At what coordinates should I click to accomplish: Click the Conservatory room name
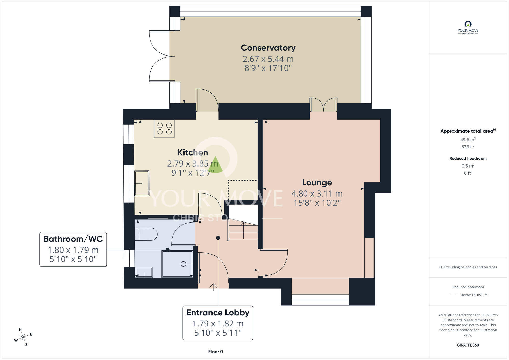coord(268,48)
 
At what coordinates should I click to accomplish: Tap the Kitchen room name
coord(193,153)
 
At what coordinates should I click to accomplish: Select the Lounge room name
coord(317,183)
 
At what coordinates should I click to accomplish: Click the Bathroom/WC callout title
coord(73,239)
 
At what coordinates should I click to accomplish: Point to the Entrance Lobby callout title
coord(218,313)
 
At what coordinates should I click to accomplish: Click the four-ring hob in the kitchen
coord(164,129)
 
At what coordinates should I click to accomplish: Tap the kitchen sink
coord(142,183)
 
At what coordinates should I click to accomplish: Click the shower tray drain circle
coord(183,264)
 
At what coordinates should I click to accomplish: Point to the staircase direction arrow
coord(244,230)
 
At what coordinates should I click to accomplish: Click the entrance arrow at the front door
coord(213,287)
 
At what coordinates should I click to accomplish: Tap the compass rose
coord(23,337)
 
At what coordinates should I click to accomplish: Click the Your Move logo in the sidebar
coord(468,27)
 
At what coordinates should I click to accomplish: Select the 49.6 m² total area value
coord(468,139)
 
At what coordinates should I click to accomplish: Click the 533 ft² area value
coord(468,147)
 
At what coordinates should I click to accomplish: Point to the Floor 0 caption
coord(216,352)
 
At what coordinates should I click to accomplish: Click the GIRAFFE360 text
coord(468,345)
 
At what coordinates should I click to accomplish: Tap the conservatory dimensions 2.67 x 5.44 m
coord(268,59)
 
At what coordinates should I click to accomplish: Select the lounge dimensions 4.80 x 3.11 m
coord(317,193)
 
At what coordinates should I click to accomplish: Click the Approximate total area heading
coord(468,131)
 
